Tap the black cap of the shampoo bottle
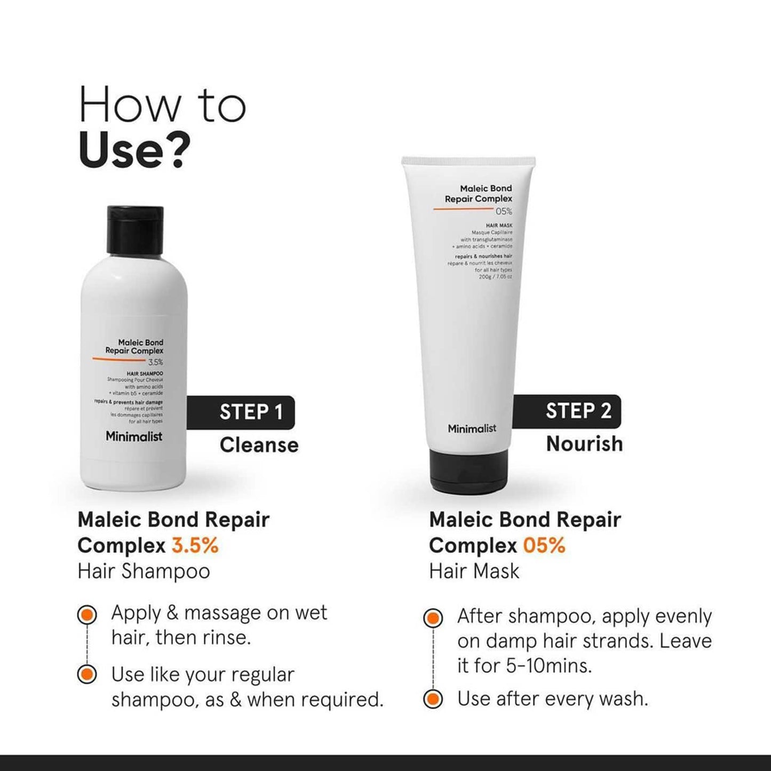tap(135, 230)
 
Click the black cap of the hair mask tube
tap(469, 470)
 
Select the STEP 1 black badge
tap(241, 412)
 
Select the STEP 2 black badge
tap(567, 411)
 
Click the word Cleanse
tap(259, 445)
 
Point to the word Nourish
tap(584, 444)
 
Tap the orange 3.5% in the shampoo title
tap(195, 545)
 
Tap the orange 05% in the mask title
tap(544, 545)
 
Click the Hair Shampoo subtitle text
tap(144, 571)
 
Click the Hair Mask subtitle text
tap(474, 571)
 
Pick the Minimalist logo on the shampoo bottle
tap(133, 436)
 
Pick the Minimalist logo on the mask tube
tap(472, 428)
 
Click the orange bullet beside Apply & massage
tap(87, 615)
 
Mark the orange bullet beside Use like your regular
tap(87, 674)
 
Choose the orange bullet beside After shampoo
tap(433, 618)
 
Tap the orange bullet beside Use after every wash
tap(433, 698)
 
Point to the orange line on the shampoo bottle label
tap(118, 359)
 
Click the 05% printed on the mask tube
tap(503, 211)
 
